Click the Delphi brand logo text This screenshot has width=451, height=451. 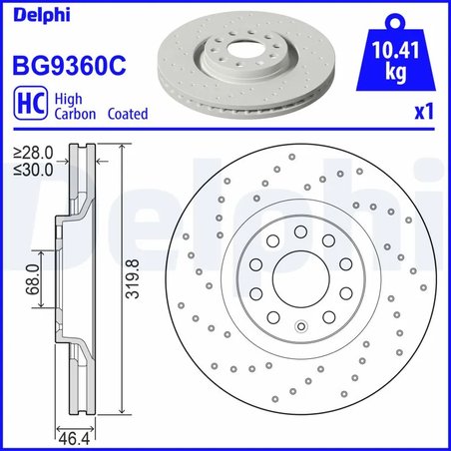click(33, 14)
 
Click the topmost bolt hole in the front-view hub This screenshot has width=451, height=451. click(300, 230)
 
